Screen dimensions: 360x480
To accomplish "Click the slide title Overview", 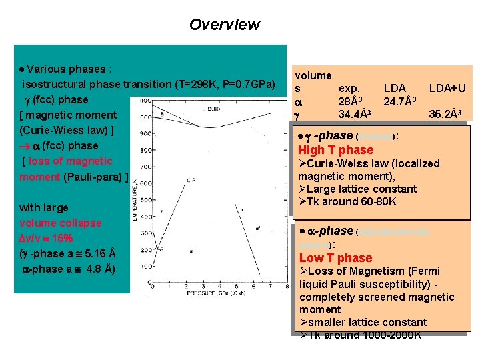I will coord(224,25).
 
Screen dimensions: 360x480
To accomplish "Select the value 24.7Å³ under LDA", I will coord(400,101).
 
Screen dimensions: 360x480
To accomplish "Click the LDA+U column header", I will coord(447,87).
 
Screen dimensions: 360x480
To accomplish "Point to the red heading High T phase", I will coord(335,150).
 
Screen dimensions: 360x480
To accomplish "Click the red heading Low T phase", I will coord(335,258).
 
